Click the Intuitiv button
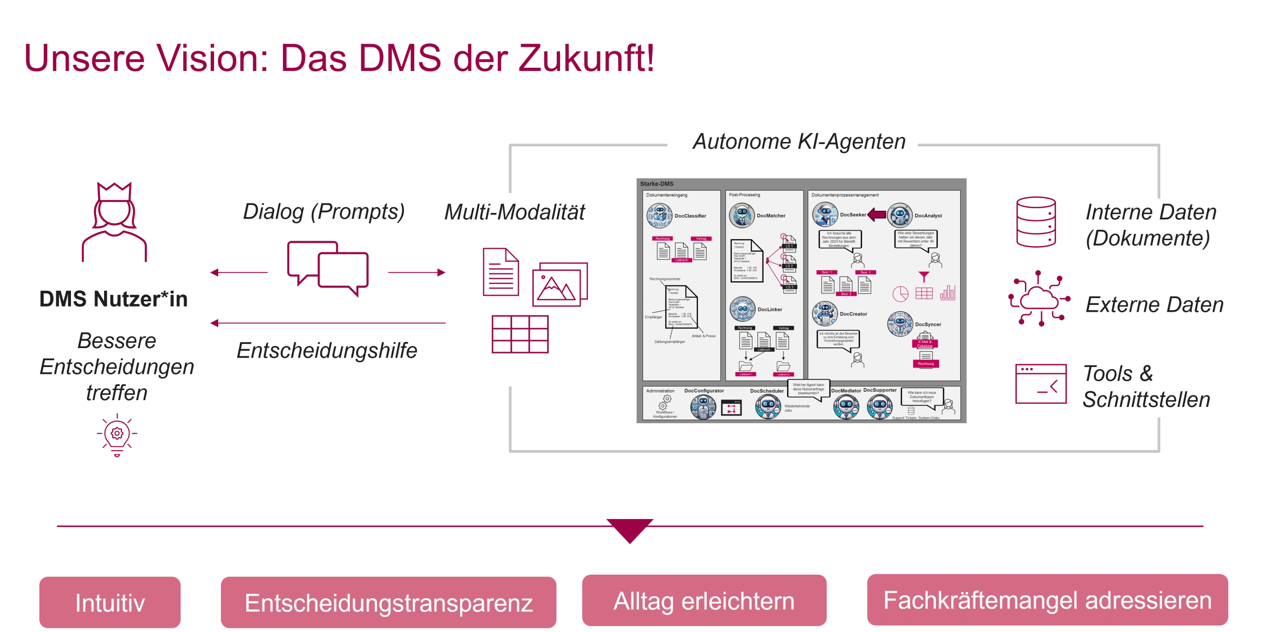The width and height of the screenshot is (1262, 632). click(x=109, y=603)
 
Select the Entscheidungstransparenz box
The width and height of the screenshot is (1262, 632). click(x=389, y=603)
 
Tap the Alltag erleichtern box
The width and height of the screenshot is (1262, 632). click(x=704, y=601)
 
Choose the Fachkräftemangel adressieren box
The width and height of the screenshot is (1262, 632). click(x=1047, y=601)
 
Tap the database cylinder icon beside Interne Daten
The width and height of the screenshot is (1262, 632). click(x=1036, y=221)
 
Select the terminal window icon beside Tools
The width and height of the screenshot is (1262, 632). click(x=1041, y=384)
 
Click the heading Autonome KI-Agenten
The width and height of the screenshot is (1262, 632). click(x=799, y=141)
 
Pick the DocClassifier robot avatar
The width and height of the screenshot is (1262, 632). click(x=659, y=216)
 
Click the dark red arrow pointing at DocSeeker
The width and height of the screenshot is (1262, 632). click(x=877, y=215)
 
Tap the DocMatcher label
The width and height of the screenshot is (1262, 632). click(x=771, y=216)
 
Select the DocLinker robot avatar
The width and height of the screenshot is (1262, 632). click(x=742, y=309)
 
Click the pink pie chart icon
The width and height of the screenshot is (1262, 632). click(x=900, y=293)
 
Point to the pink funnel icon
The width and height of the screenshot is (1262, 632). click(x=923, y=276)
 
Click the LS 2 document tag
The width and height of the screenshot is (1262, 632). click(x=789, y=266)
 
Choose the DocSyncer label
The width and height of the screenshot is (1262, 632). click(x=928, y=324)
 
